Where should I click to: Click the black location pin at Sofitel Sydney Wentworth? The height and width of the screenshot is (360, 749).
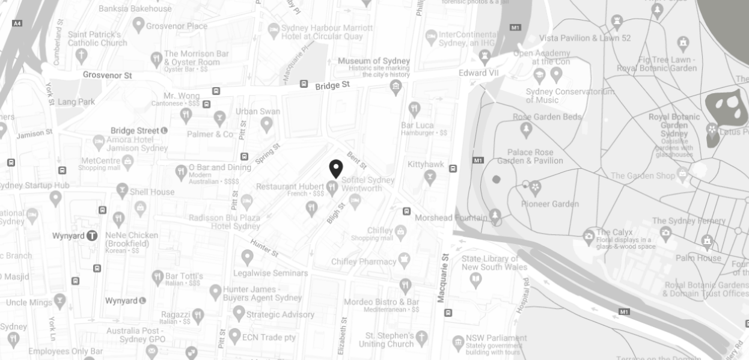coord(336,168)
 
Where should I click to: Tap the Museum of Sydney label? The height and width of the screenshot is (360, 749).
coord(374,61)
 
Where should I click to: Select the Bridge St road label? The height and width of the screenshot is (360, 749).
coord(332,85)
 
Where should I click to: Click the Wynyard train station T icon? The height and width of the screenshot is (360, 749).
coord(92,236)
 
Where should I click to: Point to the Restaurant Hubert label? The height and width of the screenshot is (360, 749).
coord(290,187)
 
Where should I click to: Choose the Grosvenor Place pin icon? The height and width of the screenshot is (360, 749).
coord(139,25)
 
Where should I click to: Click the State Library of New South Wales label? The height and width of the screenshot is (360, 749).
coord(495,263)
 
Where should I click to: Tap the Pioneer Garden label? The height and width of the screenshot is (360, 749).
coord(550,204)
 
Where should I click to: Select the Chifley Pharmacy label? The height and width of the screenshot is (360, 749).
coord(364,261)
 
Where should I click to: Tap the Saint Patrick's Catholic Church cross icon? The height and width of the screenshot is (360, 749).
coord(81,55)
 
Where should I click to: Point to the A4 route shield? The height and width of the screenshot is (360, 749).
coord(17,23)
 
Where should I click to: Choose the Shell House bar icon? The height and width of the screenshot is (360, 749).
coord(122,192)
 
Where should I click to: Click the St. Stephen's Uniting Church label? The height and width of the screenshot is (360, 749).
coord(387,340)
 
